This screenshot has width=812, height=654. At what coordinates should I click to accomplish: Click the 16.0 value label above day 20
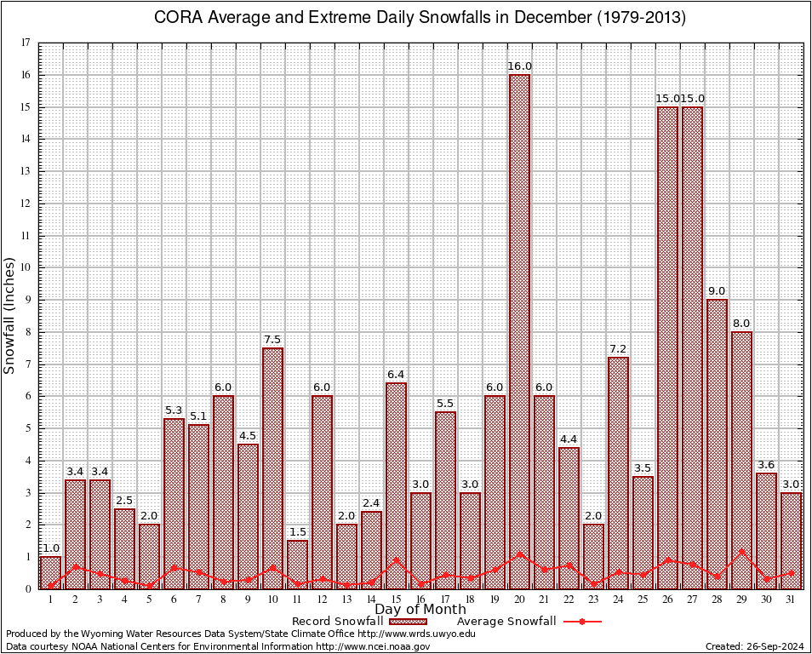point(519,66)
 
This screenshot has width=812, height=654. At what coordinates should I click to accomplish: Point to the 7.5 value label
point(272,340)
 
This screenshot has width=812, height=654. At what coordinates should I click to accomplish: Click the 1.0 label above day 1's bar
point(50,548)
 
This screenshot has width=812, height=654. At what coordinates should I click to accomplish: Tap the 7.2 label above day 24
point(618,349)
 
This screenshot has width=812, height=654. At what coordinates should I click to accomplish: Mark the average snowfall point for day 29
point(741,551)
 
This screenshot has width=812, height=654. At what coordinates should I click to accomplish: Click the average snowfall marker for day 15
point(396,560)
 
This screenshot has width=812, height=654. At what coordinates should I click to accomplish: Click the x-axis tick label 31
point(791,599)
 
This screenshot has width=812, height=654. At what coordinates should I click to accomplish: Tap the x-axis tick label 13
point(346,599)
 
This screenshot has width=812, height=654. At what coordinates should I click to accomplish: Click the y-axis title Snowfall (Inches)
point(10,315)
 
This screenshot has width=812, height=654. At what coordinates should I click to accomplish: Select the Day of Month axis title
point(420,610)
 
